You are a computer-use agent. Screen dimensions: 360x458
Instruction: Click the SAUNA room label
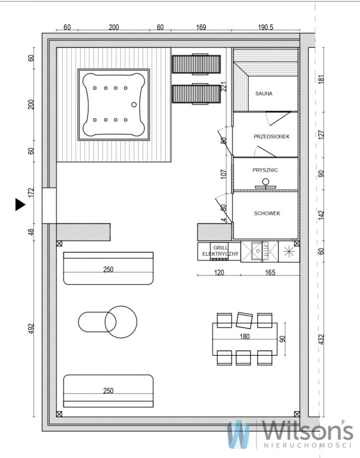pos(264,94)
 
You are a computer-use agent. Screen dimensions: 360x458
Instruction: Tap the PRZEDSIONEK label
pos(272,136)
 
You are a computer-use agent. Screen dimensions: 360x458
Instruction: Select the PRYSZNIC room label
pos(265,170)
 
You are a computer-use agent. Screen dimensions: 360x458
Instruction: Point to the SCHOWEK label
pos(267,213)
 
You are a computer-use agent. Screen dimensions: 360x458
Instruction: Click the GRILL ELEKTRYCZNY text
pos(221,251)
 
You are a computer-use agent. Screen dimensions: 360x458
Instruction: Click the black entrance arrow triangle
pos(20,205)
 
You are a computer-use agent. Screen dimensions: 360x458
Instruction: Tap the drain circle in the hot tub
pos(134,104)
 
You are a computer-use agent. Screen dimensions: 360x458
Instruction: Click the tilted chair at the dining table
pos(244,320)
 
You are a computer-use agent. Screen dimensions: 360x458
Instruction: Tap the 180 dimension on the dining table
pos(244,336)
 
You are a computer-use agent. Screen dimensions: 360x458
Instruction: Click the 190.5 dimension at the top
pos(265,27)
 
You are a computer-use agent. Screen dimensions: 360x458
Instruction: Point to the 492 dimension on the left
pos(31,329)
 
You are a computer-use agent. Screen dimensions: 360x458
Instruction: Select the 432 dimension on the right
pos(321,339)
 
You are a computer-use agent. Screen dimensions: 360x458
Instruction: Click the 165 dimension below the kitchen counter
pos(270,272)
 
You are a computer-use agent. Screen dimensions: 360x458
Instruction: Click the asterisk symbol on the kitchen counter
pos(289,251)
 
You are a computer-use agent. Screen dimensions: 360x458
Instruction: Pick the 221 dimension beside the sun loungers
pos(224,87)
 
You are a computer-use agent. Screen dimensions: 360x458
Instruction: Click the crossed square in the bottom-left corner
pos(59,414)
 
